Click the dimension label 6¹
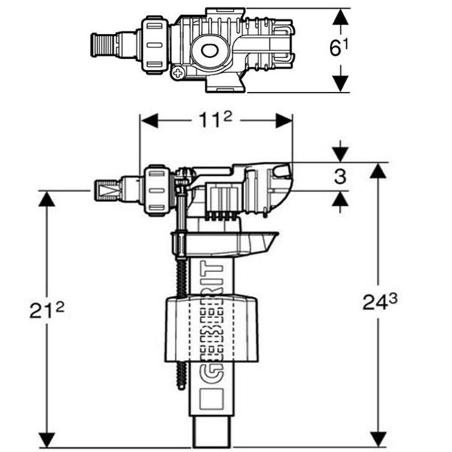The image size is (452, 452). pyautogui.click(x=339, y=47)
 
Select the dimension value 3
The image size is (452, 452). pyautogui.click(x=341, y=176)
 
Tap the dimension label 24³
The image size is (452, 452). pyautogui.click(x=380, y=302)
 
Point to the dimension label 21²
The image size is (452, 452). pyautogui.click(x=47, y=310)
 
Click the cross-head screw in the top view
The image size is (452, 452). pyautogui.click(x=178, y=74)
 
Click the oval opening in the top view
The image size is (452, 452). pyautogui.click(x=209, y=50)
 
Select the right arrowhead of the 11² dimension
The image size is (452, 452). pyautogui.click(x=284, y=121)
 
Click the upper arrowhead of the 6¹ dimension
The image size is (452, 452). pyautogui.click(x=341, y=17)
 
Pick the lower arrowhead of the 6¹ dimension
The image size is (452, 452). pyautogui.click(x=341, y=84)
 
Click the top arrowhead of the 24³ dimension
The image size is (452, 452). pyautogui.click(x=378, y=170)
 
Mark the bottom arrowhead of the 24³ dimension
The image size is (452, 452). pyautogui.click(x=378, y=440)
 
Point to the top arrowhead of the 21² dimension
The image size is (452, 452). pyautogui.click(x=47, y=199)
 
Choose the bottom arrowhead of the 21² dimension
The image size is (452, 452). pyautogui.click(x=47, y=441)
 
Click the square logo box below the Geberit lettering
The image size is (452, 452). pyautogui.click(x=212, y=399)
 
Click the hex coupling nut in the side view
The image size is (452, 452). pyautogui.click(x=157, y=191)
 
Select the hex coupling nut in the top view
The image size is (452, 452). pyautogui.click(x=154, y=45)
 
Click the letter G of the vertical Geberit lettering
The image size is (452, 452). pyautogui.click(x=212, y=374)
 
